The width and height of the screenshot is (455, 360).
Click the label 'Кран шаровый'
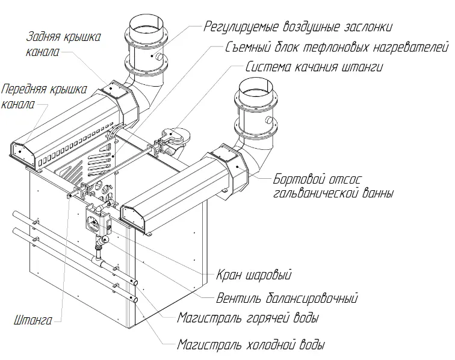253,275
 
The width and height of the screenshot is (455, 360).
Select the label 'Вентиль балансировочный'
287,298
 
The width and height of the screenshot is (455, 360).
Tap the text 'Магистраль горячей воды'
248,318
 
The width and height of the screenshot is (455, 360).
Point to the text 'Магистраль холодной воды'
251,345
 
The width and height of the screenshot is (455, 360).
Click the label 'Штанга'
33,320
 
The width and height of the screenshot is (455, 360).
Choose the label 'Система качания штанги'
314,67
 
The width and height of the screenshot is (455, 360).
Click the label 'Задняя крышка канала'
64,44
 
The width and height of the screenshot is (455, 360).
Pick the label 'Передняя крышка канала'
44,96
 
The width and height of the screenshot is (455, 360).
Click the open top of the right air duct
256,86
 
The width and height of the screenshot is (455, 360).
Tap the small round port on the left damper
159,57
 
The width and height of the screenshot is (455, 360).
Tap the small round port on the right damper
269,120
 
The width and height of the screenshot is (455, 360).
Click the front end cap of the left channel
23,154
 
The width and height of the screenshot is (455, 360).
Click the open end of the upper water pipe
135,283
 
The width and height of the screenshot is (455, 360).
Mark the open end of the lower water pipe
135,300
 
